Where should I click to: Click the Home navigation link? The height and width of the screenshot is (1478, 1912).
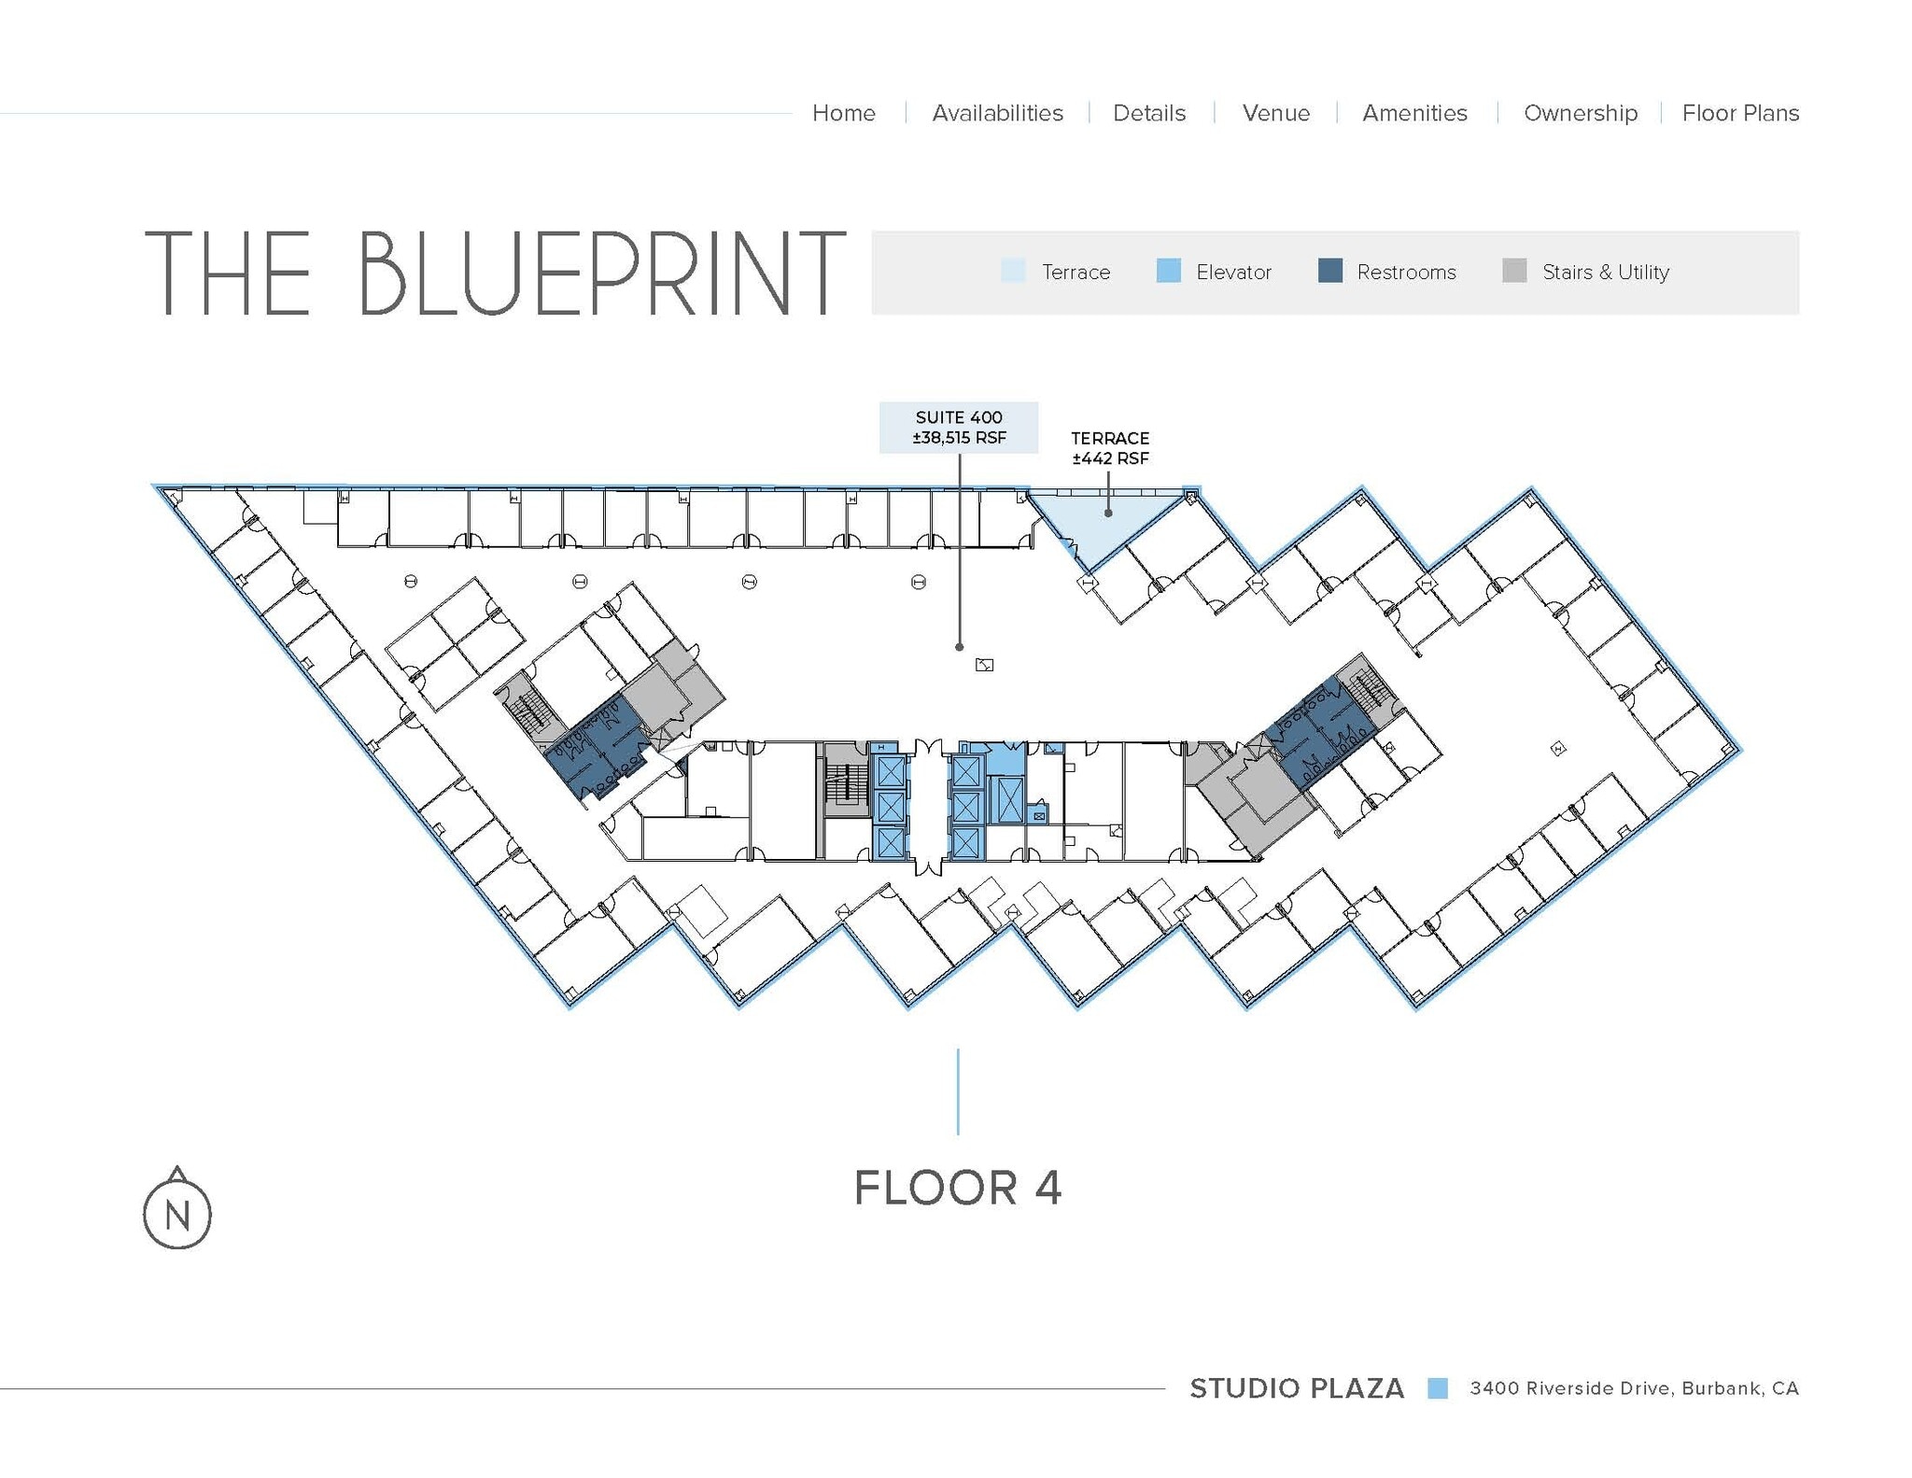(x=843, y=113)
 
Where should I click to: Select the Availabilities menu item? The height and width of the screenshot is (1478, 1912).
(x=997, y=113)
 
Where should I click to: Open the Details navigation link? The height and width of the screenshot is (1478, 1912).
(x=1148, y=113)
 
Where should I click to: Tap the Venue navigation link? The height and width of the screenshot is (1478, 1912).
(x=1275, y=113)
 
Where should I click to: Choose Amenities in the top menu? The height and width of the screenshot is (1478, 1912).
(x=1414, y=113)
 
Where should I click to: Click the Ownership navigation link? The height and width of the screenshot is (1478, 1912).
(x=1580, y=113)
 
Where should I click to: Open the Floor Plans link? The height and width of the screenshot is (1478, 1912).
(x=1740, y=113)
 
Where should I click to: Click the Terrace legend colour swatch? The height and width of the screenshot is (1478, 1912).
(x=1013, y=271)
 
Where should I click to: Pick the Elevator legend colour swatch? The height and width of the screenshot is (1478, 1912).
(x=1168, y=271)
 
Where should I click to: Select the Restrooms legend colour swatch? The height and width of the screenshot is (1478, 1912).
(x=1329, y=271)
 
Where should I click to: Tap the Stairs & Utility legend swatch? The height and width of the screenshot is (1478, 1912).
(x=1514, y=271)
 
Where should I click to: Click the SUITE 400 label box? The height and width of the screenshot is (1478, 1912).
(x=959, y=428)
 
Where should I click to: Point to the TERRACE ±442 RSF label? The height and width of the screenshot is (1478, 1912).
(x=1109, y=448)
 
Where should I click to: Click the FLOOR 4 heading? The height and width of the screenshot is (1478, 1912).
(x=958, y=1188)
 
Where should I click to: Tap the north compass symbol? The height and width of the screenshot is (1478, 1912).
(x=177, y=1212)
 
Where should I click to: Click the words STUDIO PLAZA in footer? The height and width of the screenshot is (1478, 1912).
(x=1296, y=1388)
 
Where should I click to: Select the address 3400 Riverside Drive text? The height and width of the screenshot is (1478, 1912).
(x=1634, y=1388)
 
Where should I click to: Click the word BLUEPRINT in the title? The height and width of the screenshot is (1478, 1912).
(x=600, y=274)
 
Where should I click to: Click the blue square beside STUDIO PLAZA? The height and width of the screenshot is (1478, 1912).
(x=1438, y=1388)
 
